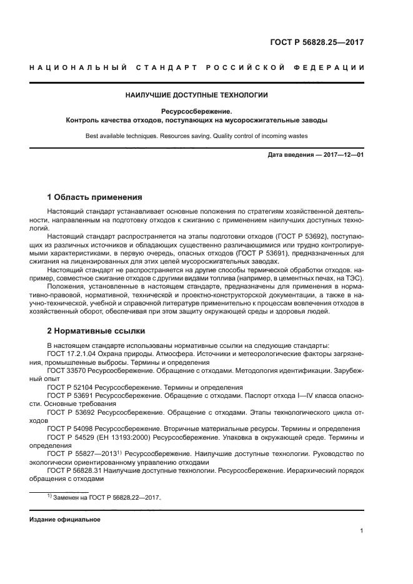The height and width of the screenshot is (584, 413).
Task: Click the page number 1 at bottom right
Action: tap(362, 531)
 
